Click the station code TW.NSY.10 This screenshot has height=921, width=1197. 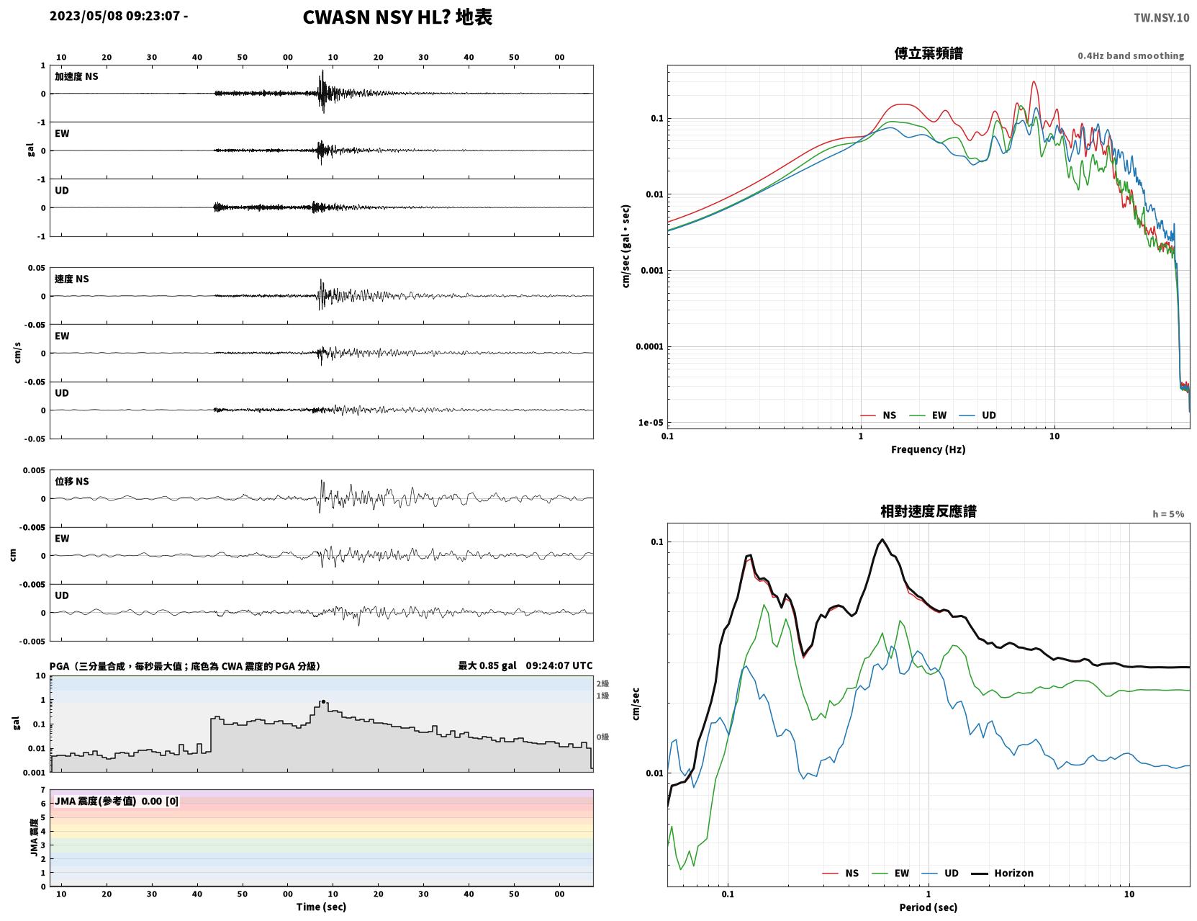(1161, 17)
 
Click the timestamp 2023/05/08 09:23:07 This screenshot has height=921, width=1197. (114, 15)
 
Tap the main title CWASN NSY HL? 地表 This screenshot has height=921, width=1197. (397, 17)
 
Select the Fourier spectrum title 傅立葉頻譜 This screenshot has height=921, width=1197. (929, 53)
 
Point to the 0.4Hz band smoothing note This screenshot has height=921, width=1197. (1130, 55)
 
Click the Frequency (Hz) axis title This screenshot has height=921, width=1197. (929, 449)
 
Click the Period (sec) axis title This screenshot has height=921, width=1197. (929, 907)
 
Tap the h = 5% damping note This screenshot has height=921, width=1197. (1167, 514)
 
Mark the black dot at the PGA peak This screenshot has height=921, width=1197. (323, 702)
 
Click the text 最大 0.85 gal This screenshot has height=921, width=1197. (487, 665)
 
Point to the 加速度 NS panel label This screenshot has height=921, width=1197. (76, 76)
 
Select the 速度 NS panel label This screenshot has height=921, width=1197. (71, 279)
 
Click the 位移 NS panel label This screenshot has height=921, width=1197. (71, 482)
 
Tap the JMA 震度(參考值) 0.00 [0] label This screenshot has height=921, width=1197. (116, 801)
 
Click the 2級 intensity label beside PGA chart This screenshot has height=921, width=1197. (602, 683)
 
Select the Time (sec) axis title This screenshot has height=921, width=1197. (321, 907)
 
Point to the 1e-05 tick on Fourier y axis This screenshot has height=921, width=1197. (651, 423)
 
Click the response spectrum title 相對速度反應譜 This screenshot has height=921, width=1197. (929, 511)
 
